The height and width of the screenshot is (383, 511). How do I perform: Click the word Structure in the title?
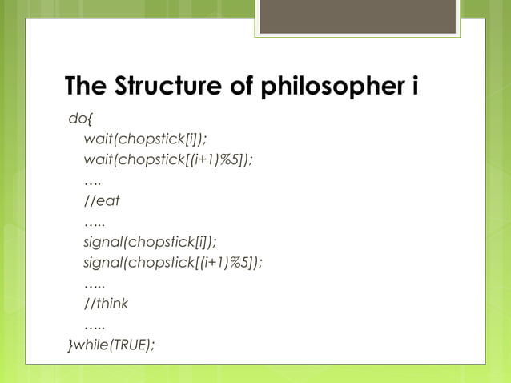pos(163,86)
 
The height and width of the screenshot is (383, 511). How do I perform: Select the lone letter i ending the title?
pos(414,86)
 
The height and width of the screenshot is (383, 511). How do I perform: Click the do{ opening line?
pos(80,119)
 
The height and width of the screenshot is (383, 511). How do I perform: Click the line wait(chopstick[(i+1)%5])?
pos(168,159)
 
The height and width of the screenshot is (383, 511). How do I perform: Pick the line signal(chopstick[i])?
pos(150,242)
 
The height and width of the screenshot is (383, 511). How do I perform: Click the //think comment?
pos(106,304)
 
